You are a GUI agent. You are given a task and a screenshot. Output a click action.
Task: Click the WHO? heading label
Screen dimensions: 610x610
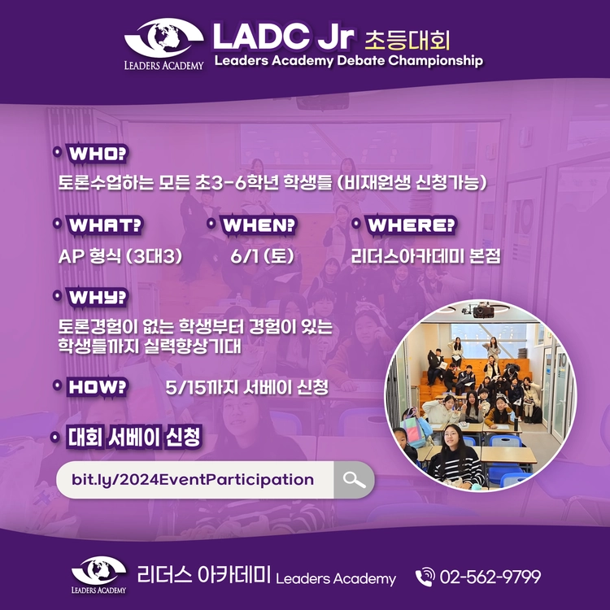pyautogui.click(x=98, y=153)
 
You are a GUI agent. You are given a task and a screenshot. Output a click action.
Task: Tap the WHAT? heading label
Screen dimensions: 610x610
pyautogui.click(x=105, y=225)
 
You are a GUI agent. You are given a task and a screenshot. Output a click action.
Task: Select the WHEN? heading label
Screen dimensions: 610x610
pyautogui.click(x=259, y=225)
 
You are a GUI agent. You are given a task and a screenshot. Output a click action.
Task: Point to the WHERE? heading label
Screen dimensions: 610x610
pyautogui.click(x=412, y=225)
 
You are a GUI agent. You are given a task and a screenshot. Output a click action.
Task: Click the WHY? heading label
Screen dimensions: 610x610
pyautogui.click(x=98, y=298)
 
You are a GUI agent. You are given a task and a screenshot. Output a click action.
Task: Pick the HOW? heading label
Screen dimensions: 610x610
pyautogui.click(x=98, y=387)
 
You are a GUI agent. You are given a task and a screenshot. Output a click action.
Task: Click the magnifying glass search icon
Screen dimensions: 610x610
pyautogui.click(x=354, y=480)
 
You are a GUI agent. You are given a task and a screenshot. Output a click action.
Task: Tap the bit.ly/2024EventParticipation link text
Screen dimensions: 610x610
pyautogui.click(x=193, y=480)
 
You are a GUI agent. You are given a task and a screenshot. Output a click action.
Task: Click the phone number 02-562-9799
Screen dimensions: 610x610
pyautogui.click(x=490, y=577)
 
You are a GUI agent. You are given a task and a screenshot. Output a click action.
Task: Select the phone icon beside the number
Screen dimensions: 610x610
pyautogui.click(x=425, y=577)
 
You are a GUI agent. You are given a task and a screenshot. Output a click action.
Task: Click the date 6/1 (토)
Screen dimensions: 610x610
pyautogui.click(x=262, y=256)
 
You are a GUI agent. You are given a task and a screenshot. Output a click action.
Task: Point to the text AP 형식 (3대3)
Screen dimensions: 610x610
pyautogui.click(x=120, y=256)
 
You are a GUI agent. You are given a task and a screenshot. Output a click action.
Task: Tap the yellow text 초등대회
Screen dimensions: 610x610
pyautogui.click(x=407, y=41)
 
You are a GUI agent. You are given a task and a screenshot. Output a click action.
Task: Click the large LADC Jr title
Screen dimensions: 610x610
pyautogui.click(x=283, y=36)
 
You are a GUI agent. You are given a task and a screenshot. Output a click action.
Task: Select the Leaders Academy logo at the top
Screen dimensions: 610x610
pyautogui.click(x=163, y=44)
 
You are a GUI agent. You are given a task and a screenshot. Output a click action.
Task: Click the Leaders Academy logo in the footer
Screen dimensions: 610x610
pyautogui.click(x=98, y=575)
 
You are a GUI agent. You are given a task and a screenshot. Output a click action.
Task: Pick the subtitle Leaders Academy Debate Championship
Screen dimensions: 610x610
pyautogui.click(x=349, y=61)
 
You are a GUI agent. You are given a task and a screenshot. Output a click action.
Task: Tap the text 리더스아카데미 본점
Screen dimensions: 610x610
pyautogui.click(x=425, y=256)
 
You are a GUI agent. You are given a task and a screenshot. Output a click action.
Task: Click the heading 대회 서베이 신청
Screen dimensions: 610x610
pyautogui.click(x=134, y=437)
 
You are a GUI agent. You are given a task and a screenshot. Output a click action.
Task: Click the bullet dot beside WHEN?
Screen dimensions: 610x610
pyautogui.click(x=211, y=224)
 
